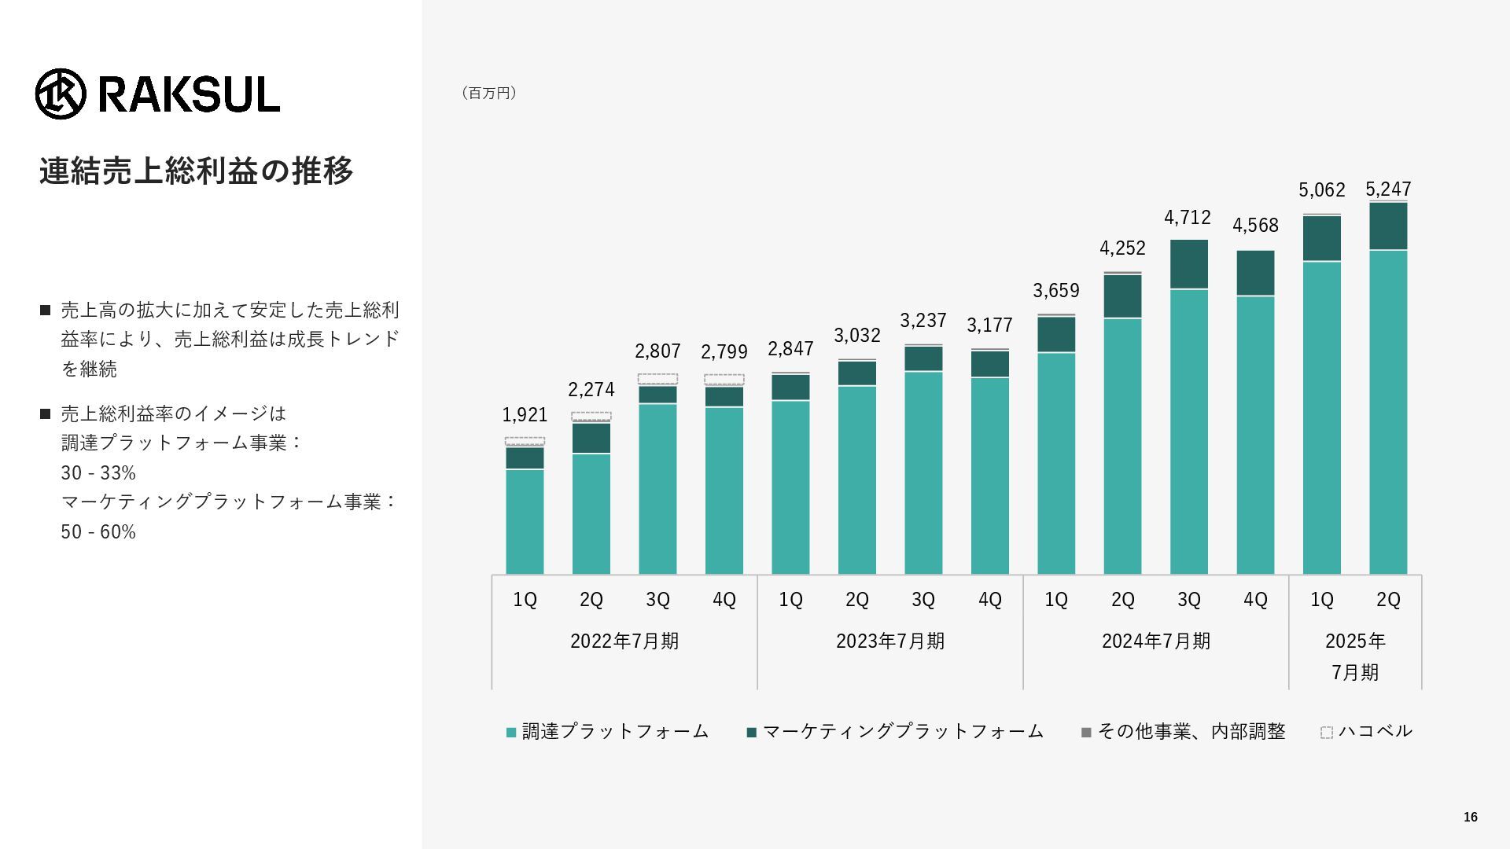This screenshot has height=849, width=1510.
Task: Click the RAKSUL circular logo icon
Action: click(x=61, y=94)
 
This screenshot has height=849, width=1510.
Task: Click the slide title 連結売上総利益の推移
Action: click(x=197, y=171)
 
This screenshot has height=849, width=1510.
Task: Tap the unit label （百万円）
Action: click(x=488, y=94)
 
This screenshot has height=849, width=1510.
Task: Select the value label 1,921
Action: click(x=525, y=415)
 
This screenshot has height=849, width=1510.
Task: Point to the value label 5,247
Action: click(x=1388, y=189)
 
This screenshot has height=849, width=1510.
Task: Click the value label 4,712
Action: click(x=1188, y=218)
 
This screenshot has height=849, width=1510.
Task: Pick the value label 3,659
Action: click(x=1056, y=291)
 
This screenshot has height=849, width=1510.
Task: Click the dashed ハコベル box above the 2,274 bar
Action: click(x=591, y=417)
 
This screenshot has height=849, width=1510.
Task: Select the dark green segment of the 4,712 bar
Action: click(x=1189, y=264)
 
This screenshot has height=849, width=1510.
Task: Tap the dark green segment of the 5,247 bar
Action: click(x=1388, y=226)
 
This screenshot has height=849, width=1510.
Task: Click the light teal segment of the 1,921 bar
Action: click(x=525, y=521)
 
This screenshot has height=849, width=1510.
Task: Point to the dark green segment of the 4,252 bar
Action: click(x=1122, y=296)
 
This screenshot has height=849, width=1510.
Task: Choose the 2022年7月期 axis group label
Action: click(x=624, y=641)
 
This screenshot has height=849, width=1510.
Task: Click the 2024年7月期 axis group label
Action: click(x=1156, y=641)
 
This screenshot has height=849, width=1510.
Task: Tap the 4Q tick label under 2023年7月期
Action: click(x=990, y=600)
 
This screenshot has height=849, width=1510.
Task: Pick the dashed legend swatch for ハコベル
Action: click(x=1327, y=733)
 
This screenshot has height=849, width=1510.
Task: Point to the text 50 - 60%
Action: click(x=98, y=532)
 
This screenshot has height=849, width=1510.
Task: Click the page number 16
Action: click(x=1470, y=818)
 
